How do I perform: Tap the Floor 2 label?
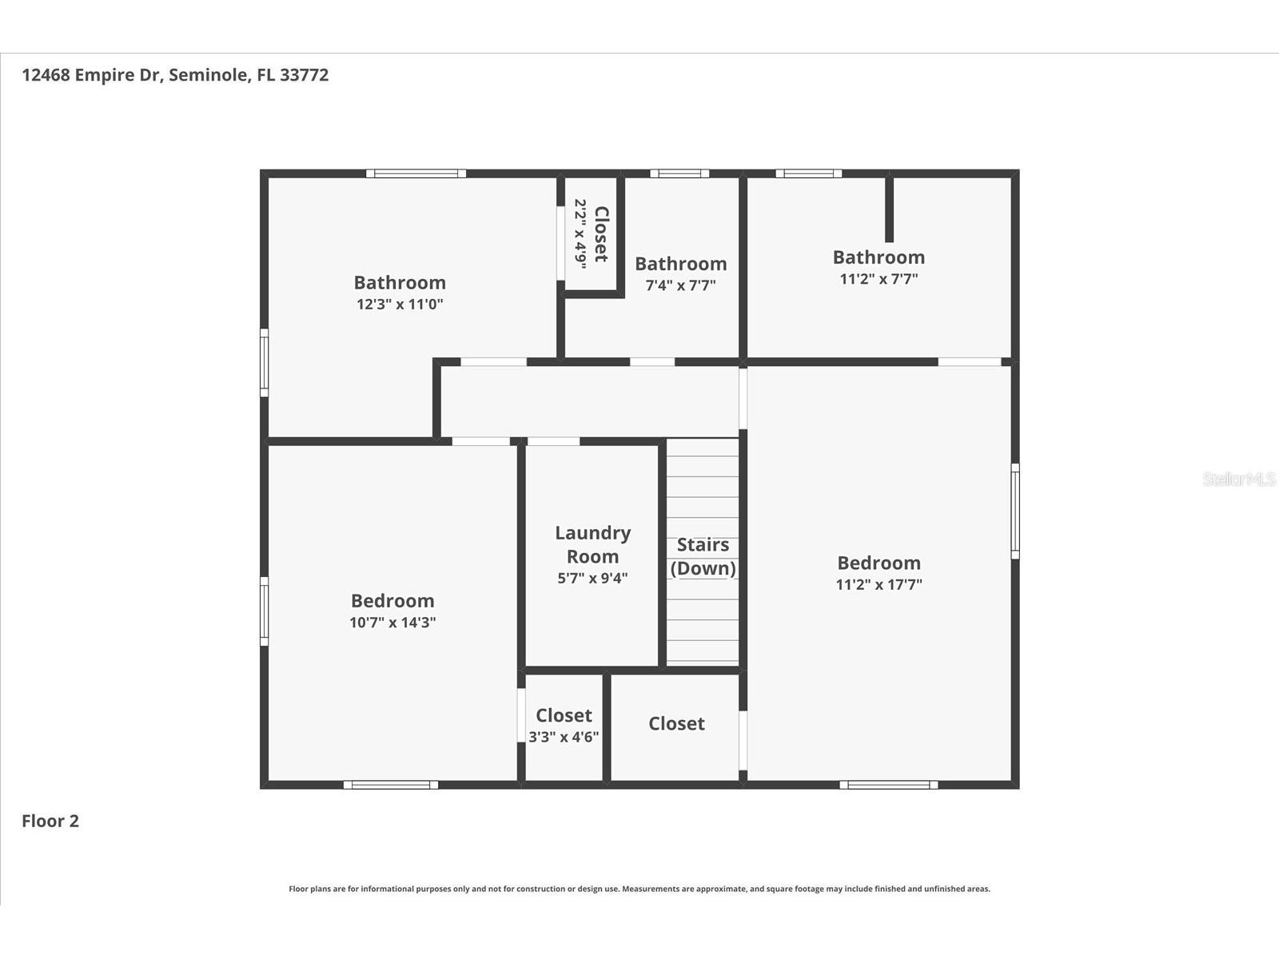click(50, 821)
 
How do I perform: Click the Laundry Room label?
click(592, 544)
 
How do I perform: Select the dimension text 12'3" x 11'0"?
click(400, 304)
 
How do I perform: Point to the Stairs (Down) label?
click(703, 556)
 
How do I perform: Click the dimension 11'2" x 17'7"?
click(879, 584)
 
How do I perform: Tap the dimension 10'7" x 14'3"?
click(392, 623)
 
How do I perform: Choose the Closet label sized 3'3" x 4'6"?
click(564, 715)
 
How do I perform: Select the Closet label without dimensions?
click(676, 723)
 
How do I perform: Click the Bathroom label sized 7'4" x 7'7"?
click(680, 264)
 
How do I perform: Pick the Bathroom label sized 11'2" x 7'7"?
click(879, 257)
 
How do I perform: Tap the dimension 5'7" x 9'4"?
click(592, 578)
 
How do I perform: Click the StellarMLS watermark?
click(1238, 479)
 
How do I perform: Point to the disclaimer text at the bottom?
click(639, 889)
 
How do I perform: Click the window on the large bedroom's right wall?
click(1014, 511)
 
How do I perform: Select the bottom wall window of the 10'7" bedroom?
click(391, 785)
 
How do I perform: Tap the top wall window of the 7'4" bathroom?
click(679, 173)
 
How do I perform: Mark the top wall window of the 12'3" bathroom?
click(416, 173)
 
